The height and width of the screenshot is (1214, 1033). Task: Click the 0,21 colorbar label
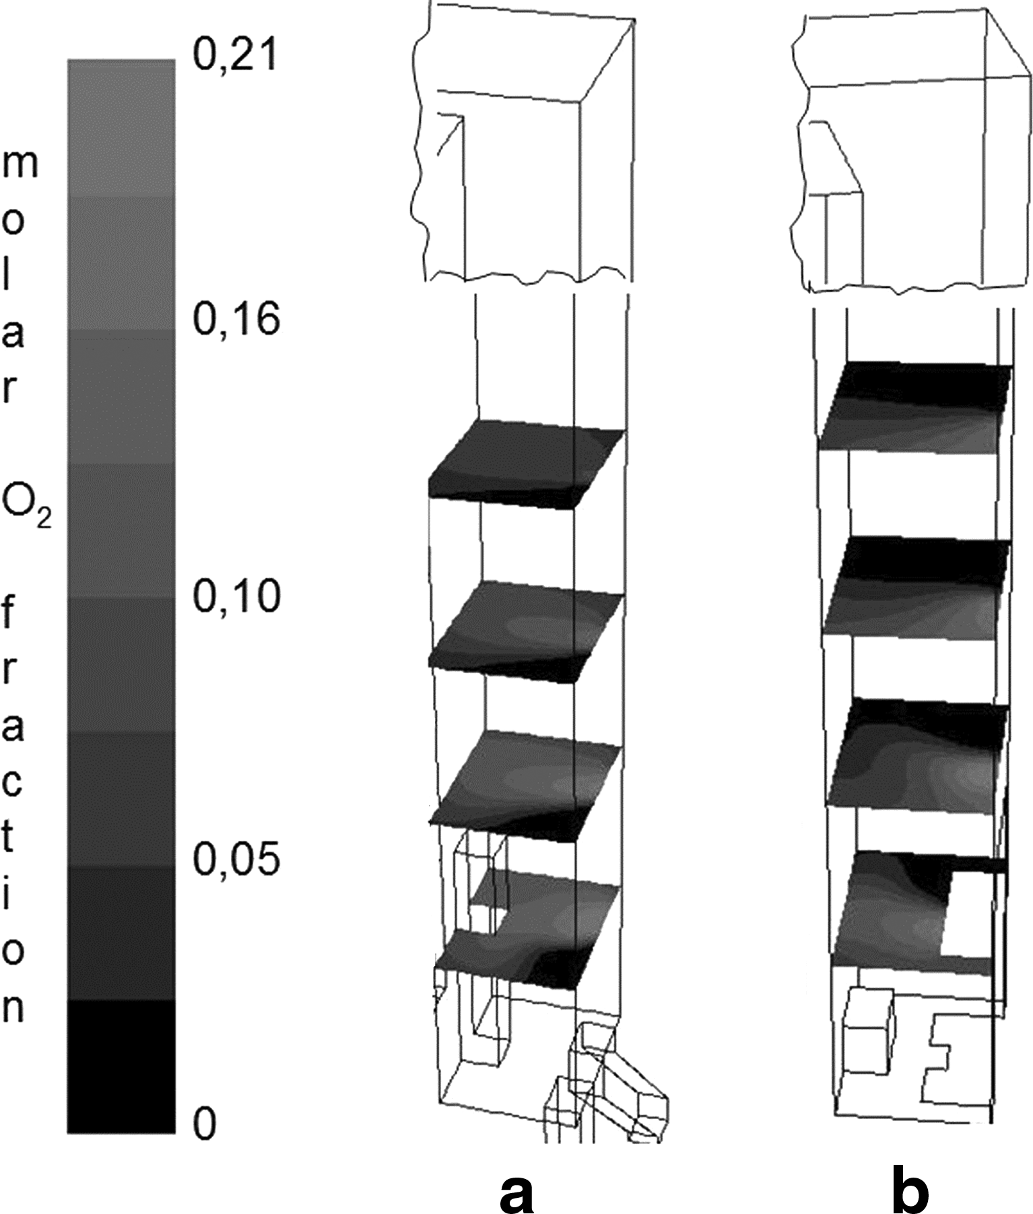click(234, 53)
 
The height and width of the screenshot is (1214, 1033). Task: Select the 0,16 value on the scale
click(236, 319)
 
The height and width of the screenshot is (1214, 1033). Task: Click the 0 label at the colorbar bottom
click(205, 1124)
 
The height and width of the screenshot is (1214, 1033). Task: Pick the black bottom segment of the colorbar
click(121, 1066)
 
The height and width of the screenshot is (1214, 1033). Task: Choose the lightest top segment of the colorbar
click(121, 128)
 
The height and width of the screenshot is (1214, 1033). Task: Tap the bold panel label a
click(516, 1190)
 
